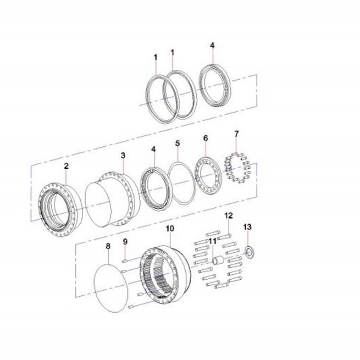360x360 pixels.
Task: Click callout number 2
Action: tap(67, 166)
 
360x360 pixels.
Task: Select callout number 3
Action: tap(123, 156)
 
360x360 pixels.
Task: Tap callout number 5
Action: tap(178, 143)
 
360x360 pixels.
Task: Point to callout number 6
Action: tap(206, 138)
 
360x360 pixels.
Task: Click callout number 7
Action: tap(237, 134)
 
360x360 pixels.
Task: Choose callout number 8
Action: tap(108, 246)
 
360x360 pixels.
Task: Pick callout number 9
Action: tap(125, 241)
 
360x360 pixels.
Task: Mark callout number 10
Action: tap(170, 229)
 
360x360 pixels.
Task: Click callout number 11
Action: tap(213, 241)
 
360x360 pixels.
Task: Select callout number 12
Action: tap(229, 215)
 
